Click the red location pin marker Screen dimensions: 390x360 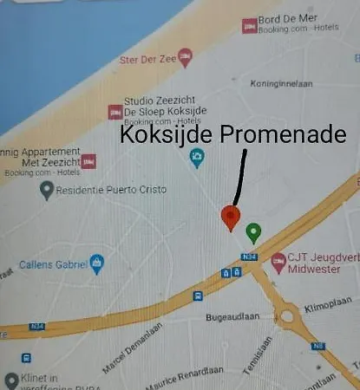point(230,217)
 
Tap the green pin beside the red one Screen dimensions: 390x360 point(253,231)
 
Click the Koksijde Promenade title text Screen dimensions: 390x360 point(232,136)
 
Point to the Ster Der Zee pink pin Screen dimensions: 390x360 point(184,58)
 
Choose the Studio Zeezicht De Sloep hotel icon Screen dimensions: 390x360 point(114,111)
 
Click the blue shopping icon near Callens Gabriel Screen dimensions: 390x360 point(97,263)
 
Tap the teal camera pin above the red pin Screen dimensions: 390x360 point(197,159)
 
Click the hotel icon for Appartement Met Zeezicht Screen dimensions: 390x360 point(88,161)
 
